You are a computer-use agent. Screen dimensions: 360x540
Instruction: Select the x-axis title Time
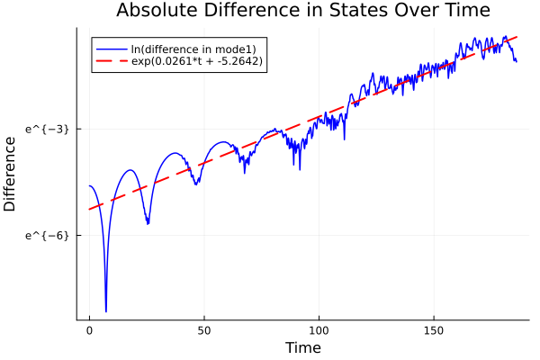(302, 347)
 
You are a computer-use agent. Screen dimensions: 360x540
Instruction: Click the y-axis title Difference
(11, 169)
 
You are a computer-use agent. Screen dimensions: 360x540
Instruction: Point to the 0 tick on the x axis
(89, 331)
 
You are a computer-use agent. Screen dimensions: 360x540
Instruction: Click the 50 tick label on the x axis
(204, 331)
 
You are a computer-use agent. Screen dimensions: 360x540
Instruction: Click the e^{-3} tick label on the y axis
(47, 130)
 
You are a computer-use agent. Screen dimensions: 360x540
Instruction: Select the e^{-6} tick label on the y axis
(47, 235)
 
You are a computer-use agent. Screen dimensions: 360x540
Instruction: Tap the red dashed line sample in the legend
(112, 61)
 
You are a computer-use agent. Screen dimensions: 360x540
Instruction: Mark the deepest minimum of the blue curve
(105, 311)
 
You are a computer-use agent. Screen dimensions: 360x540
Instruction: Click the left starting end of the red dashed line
(89, 210)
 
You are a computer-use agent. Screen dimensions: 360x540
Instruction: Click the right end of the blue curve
(517, 61)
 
